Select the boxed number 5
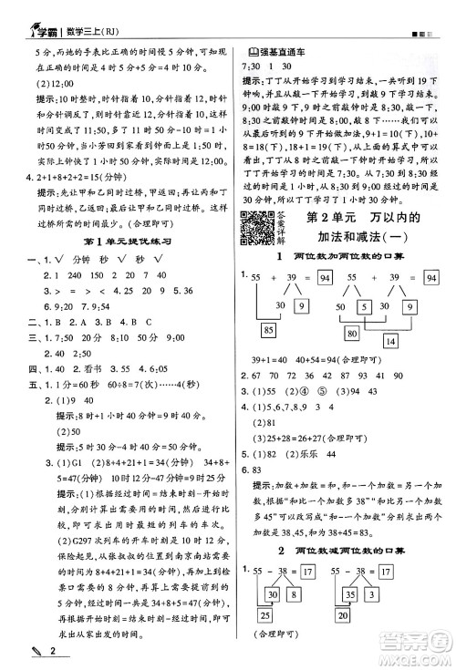pos(362,307)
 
